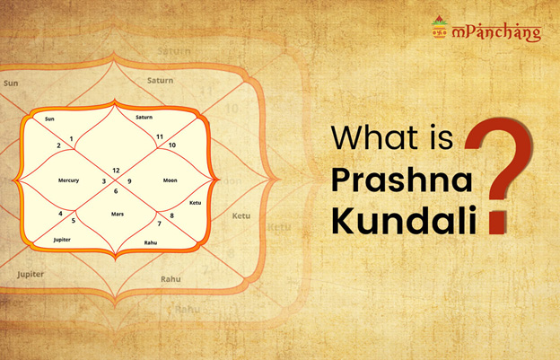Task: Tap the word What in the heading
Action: pyautogui.click(x=374, y=137)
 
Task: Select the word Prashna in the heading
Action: pyautogui.click(x=402, y=180)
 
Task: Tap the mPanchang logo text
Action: pyautogui.click(x=497, y=33)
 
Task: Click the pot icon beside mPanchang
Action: pyautogui.click(x=439, y=27)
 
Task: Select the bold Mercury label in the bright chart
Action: pyautogui.click(x=68, y=180)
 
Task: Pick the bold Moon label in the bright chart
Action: pyautogui.click(x=170, y=180)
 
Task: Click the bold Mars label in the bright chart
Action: pyautogui.click(x=118, y=214)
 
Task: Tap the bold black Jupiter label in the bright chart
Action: pyautogui.click(x=62, y=240)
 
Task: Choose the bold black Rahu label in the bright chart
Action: pyautogui.click(x=151, y=242)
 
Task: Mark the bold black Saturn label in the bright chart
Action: pyautogui.click(x=144, y=117)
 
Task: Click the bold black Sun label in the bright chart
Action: pyautogui.click(x=49, y=119)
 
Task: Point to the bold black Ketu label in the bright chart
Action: pyautogui.click(x=196, y=203)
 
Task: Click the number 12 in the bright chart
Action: pyautogui.click(x=116, y=171)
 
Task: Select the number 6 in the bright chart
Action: pyautogui.click(x=116, y=191)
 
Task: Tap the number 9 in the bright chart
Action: pyautogui.click(x=129, y=181)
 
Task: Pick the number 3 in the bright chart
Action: pyautogui.click(x=104, y=181)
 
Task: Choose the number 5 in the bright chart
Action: pyautogui.click(x=74, y=221)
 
